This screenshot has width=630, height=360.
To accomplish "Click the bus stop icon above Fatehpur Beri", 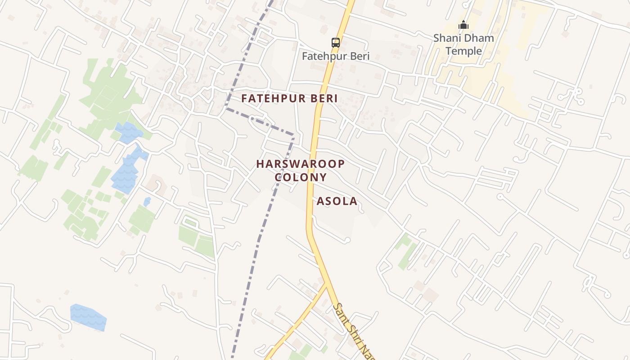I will [336, 43].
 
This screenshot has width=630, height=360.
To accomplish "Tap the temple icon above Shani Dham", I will [463, 25].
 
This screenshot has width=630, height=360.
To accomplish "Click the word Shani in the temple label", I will [446, 38].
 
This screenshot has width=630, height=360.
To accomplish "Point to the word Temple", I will [463, 51].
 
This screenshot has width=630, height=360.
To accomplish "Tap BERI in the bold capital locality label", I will [322, 99].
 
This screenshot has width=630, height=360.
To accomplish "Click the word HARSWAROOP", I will [301, 164].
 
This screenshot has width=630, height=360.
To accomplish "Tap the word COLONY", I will [301, 177].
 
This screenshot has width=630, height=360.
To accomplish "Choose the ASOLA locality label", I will [337, 201].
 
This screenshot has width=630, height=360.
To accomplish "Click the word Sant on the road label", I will [341, 313].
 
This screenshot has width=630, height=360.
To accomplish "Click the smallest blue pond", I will [147, 201].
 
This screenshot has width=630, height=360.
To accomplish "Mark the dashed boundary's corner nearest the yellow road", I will [293, 135].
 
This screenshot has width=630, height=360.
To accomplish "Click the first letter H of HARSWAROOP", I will [260, 164].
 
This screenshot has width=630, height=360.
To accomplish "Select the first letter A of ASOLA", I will [320, 201].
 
